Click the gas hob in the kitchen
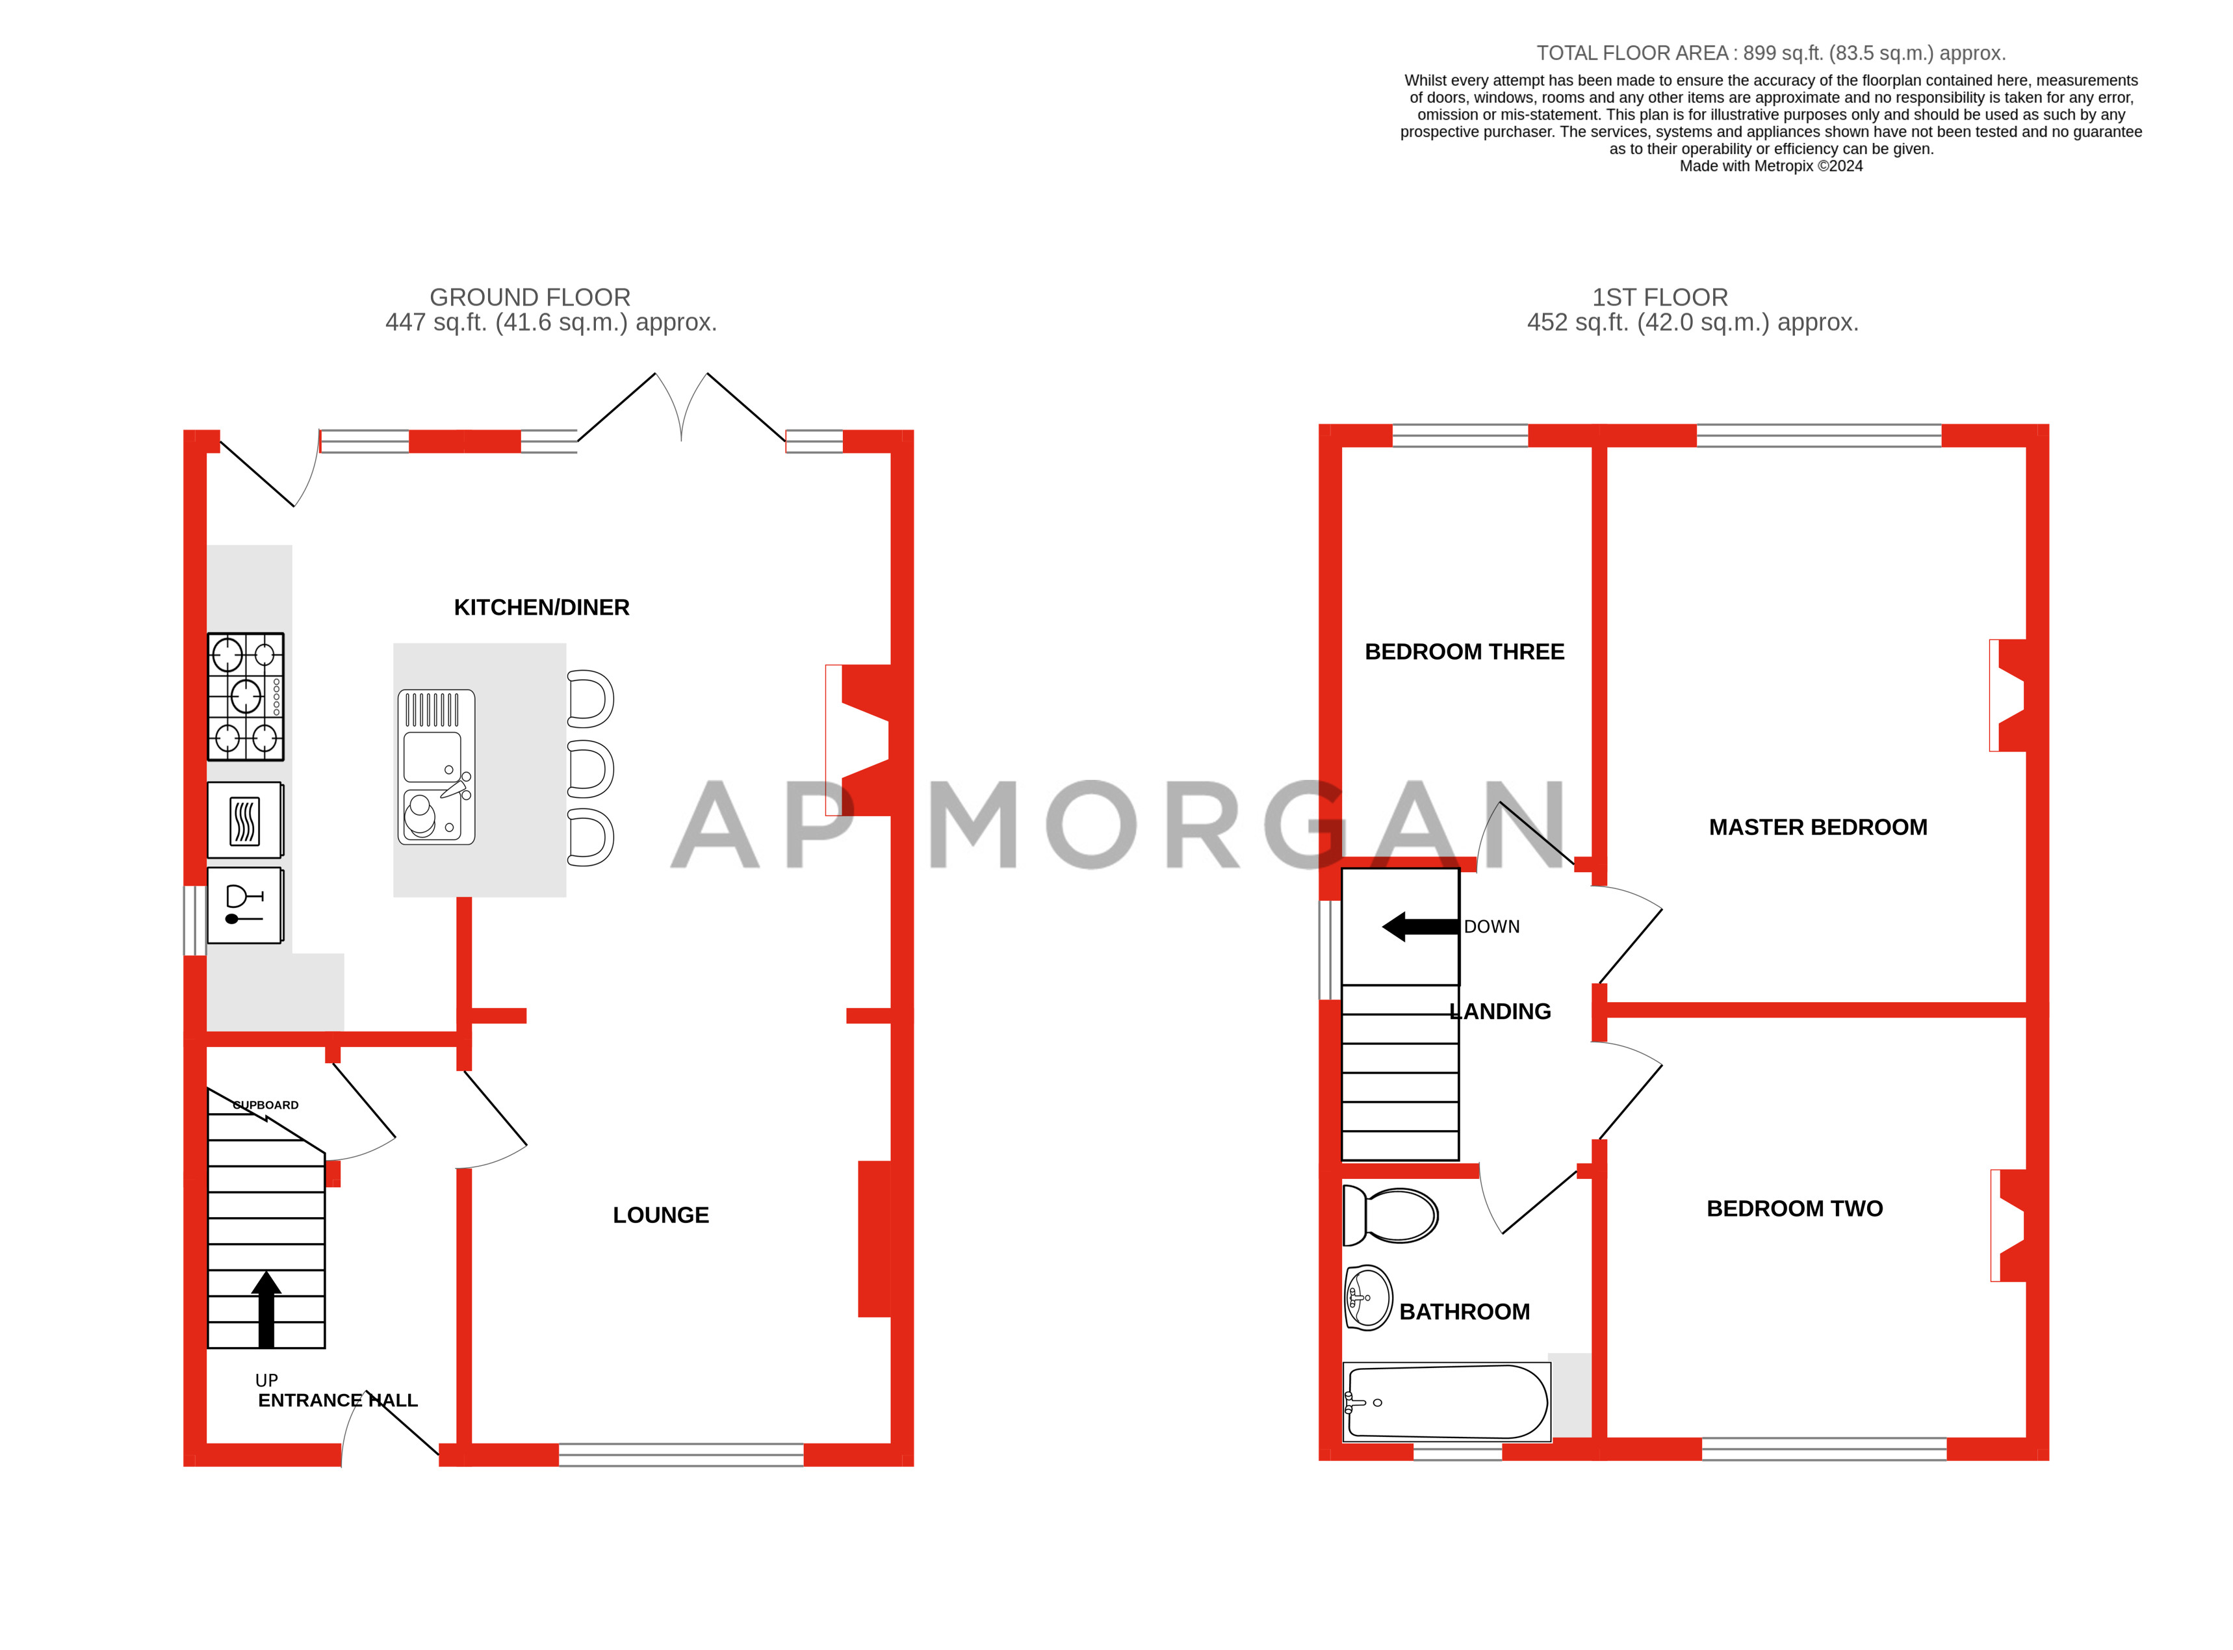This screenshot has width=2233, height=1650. click(246, 697)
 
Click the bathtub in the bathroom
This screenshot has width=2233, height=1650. click(1446, 1402)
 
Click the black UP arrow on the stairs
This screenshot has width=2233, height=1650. click(266, 1308)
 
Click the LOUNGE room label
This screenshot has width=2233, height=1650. click(660, 1215)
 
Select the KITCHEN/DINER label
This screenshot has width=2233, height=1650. click(541, 607)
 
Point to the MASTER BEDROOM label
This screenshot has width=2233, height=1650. click(1818, 827)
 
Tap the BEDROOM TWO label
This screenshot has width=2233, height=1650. click(1794, 1209)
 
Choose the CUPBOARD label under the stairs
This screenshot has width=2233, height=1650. click(266, 1105)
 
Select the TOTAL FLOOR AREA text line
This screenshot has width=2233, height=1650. click(1771, 53)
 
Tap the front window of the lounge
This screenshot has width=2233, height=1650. click(681, 1454)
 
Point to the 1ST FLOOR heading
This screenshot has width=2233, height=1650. click(1660, 298)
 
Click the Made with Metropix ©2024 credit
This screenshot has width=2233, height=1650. click(1771, 166)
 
